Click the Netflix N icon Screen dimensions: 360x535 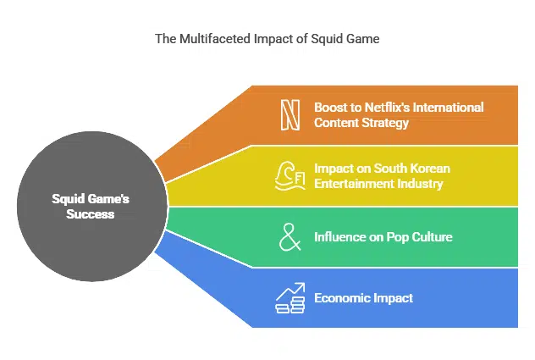click(x=290, y=115)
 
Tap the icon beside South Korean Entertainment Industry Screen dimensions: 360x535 click(x=290, y=176)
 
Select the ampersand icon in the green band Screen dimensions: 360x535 click(x=290, y=237)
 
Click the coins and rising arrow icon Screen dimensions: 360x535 click(x=290, y=298)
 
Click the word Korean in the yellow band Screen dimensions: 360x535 click(x=430, y=169)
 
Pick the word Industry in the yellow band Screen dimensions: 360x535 click(x=421, y=184)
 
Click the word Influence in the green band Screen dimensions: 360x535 click(x=340, y=237)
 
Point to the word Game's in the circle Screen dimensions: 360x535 click(x=109, y=200)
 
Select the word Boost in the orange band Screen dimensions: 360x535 click(x=331, y=108)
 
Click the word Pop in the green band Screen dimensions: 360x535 click(x=395, y=237)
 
